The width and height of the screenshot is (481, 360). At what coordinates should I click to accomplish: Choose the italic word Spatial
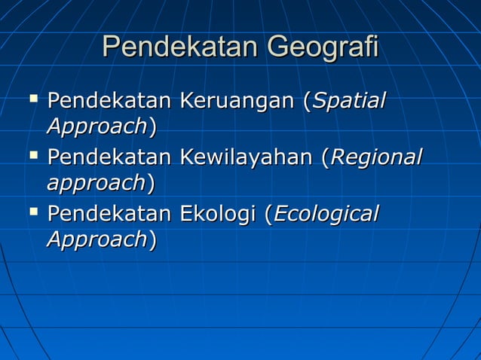348,101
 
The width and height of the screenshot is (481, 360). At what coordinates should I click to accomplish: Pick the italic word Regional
376,158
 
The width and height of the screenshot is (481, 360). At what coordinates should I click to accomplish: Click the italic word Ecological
325,215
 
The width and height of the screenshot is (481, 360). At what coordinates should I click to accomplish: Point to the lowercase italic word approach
96,183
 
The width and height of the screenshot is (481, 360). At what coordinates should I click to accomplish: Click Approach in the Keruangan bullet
97,126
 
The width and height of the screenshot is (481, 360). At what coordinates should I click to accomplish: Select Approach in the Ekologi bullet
97,239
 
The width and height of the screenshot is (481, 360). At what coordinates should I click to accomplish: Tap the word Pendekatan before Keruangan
109,101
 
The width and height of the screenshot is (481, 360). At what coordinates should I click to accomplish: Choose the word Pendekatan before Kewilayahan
109,158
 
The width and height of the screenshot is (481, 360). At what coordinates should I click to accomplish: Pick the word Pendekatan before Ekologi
109,215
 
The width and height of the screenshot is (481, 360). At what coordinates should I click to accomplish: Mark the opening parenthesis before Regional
326,159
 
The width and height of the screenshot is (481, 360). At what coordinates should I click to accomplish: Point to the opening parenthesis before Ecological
268,215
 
